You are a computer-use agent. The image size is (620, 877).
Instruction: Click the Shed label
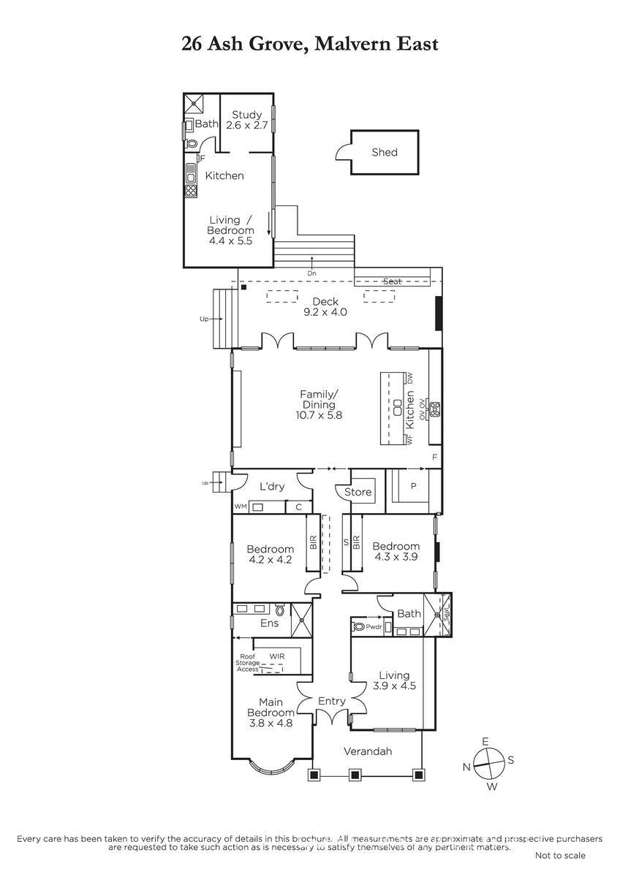coord(385,152)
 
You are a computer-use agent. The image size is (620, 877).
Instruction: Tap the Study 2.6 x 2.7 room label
coord(246,120)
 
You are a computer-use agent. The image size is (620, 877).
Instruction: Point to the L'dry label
coord(272,486)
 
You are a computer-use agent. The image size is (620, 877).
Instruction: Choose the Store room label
coord(358,492)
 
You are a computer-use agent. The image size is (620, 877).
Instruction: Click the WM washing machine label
coord(241,506)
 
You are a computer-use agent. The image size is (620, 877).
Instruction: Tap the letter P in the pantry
coord(413,486)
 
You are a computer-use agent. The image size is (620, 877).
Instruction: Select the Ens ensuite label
coord(270,623)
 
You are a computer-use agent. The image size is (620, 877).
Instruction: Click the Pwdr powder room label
coord(374,627)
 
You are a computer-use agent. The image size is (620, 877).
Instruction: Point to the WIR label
coord(277,656)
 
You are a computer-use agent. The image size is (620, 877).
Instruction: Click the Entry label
coord(332,700)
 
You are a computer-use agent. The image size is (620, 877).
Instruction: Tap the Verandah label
coord(368,751)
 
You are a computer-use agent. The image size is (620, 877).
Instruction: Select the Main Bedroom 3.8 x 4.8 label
coord(271,712)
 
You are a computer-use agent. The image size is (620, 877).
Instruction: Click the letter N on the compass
coord(466,767)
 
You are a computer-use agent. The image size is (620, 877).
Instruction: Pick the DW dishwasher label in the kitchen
coord(410,379)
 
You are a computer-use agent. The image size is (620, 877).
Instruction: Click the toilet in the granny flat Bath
coord(192,144)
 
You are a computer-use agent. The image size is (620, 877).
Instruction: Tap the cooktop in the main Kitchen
coord(435,409)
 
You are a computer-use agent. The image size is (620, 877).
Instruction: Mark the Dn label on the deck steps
coord(311,273)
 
